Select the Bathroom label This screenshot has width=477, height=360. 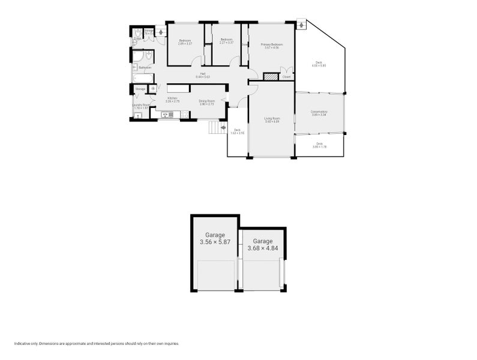[145, 67]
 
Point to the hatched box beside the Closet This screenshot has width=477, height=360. [271, 77]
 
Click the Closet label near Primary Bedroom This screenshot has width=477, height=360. [286, 77]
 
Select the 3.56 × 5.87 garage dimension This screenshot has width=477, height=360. [215, 242]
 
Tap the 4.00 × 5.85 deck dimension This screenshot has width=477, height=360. [318, 65]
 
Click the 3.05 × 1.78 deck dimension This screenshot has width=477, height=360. [319, 146]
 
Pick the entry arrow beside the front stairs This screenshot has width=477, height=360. [223, 127]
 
